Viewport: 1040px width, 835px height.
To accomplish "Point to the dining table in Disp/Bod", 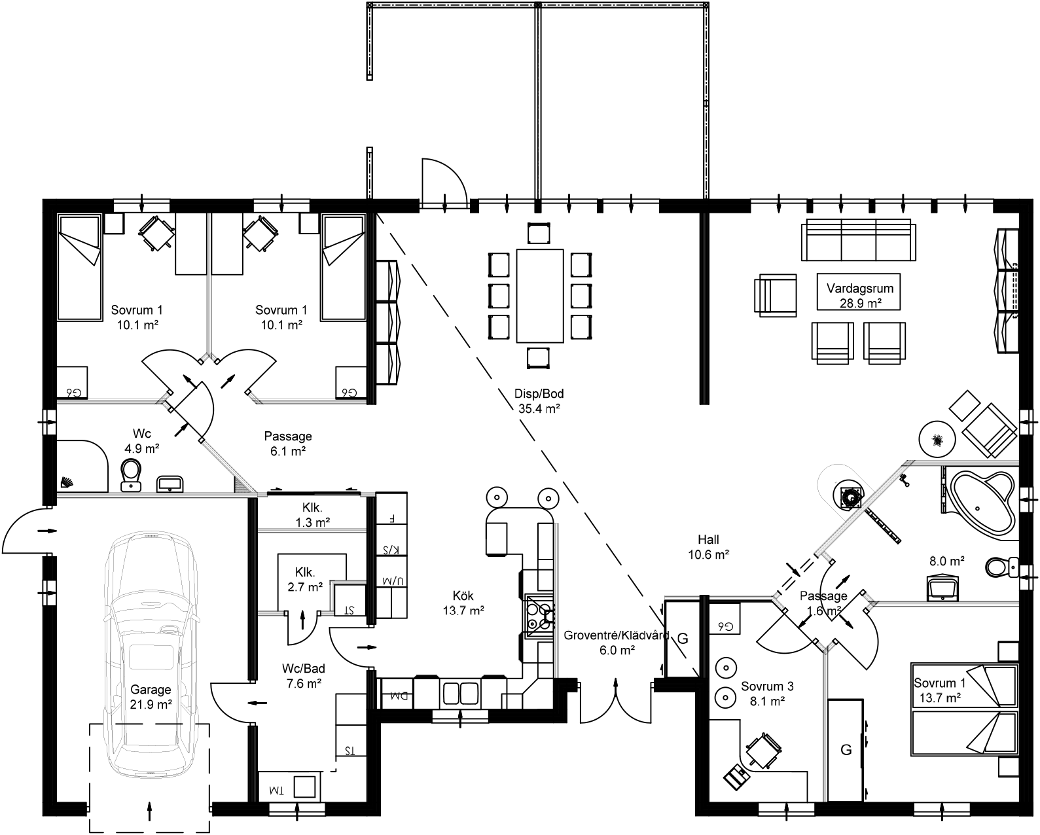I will [x=539, y=295].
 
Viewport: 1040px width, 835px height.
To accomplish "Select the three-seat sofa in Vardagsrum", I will [x=858, y=240].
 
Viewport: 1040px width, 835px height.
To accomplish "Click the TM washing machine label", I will [x=278, y=791].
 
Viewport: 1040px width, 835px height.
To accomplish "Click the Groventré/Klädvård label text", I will [x=615, y=635].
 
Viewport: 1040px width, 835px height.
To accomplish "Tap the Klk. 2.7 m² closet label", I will [x=305, y=578].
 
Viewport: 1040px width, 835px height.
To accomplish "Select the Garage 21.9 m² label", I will [x=151, y=696].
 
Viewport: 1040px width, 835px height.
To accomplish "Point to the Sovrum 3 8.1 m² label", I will [x=767, y=694].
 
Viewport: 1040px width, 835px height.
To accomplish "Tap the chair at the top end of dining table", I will [x=539, y=232].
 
